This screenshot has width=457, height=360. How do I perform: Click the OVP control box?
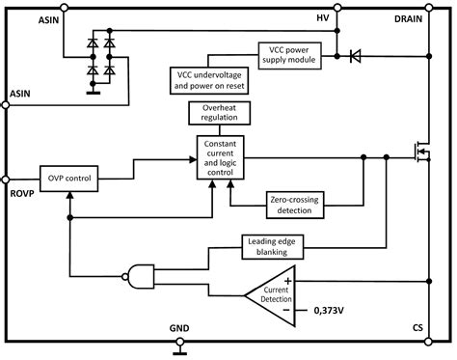pos(68,178)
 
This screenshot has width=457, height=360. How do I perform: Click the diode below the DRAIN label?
pos(356,56)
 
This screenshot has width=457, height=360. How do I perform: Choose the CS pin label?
pos(417,329)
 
